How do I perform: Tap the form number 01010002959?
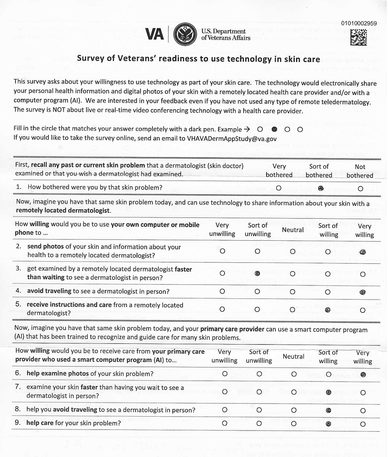[x=359, y=23]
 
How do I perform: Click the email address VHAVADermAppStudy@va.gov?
[x=232, y=138]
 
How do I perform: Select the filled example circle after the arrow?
[x=274, y=129]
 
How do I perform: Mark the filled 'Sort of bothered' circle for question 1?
[x=320, y=188]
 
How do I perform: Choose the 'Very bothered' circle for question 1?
[x=278, y=188]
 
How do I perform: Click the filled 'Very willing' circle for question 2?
[x=363, y=252]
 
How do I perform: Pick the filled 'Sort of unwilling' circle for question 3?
[x=257, y=273]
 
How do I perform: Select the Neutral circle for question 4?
[x=293, y=291]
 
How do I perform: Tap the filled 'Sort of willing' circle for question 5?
[x=328, y=310]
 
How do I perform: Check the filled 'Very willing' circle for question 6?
[x=363, y=374]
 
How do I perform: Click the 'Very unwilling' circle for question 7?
[x=224, y=392]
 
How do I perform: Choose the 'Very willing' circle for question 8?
[x=363, y=410]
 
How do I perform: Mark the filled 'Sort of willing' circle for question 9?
[x=329, y=424]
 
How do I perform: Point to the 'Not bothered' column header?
[x=360, y=171]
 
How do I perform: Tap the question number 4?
[x=18, y=291]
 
